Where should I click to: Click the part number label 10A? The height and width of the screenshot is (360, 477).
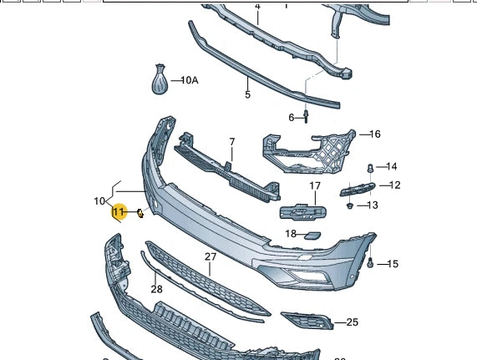(190, 80)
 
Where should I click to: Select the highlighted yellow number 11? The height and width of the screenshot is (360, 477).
(119, 213)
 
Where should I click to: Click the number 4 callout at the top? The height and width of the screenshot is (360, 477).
(257, 7)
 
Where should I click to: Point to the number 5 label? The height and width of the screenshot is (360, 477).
(248, 95)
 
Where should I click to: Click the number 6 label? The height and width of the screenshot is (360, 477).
(292, 118)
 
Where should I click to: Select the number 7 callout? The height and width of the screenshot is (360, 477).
(231, 142)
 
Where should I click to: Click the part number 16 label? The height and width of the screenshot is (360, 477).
(374, 134)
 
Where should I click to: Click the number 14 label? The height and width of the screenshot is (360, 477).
(392, 167)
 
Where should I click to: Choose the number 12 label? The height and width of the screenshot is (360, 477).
(395, 185)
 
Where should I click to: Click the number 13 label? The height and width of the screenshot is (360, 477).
(373, 205)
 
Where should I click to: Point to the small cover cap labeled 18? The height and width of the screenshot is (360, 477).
(311, 236)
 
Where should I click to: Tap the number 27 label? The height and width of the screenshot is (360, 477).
(210, 257)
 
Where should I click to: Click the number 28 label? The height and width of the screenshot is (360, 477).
(157, 290)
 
